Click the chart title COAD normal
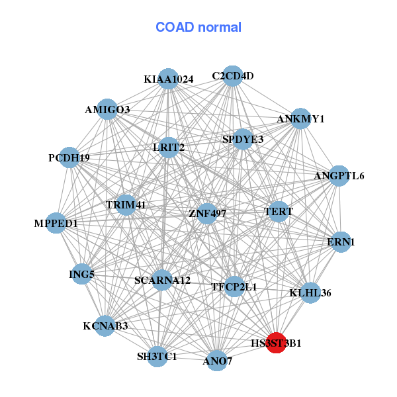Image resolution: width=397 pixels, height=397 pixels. click(x=198, y=28)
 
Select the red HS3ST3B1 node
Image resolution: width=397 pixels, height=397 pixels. click(x=276, y=343)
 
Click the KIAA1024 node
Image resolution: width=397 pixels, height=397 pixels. click(x=168, y=79)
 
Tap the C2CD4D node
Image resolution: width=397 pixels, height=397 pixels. click(x=232, y=75)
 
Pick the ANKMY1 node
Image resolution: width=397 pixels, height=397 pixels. click(x=301, y=119)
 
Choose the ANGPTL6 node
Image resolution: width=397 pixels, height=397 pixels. click(x=339, y=175)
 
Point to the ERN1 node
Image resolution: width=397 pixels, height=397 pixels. click(x=341, y=242)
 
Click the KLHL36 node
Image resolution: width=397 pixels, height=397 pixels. click(x=310, y=292)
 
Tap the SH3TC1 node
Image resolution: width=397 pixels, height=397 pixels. click(x=157, y=357)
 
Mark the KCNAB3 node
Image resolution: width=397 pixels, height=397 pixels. click(x=105, y=326)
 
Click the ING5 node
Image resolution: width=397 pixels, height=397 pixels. click(x=81, y=273)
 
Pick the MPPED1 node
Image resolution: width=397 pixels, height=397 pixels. click(x=56, y=223)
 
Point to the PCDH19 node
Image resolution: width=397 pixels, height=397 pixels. click(x=69, y=157)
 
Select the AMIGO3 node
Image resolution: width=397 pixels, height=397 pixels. click(x=107, y=109)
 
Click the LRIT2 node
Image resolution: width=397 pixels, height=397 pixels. click(x=169, y=147)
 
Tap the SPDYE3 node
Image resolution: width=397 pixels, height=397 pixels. click(x=243, y=139)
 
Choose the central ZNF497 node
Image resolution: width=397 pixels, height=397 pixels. click(x=207, y=213)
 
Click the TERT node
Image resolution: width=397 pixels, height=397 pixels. click(x=279, y=212)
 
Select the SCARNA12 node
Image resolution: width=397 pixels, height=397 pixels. click(x=162, y=280)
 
